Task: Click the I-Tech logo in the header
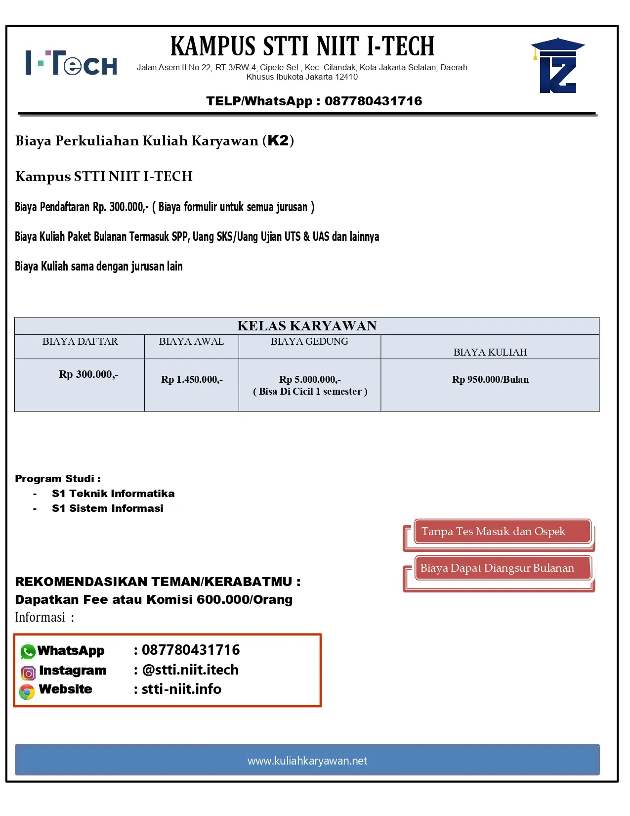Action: (71, 63)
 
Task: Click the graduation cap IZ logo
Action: (558, 66)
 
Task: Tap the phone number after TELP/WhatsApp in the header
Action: (373, 101)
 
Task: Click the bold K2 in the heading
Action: (278, 140)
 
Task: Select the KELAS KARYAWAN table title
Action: (307, 326)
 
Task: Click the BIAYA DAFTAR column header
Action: (80, 342)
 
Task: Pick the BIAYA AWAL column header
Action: (191, 342)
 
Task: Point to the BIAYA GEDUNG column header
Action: (309, 342)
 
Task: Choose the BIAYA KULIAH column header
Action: (490, 352)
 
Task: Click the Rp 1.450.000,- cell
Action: (192, 380)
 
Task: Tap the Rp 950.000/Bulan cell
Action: (490, 380)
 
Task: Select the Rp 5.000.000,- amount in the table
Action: (310, 380)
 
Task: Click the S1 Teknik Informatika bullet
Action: (113, 494)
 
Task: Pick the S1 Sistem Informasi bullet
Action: (108, 508)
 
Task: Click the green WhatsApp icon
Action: (28, 651)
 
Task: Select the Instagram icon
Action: (28, 673)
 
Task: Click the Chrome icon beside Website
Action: (27, 691)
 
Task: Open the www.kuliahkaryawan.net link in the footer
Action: (307, 761)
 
